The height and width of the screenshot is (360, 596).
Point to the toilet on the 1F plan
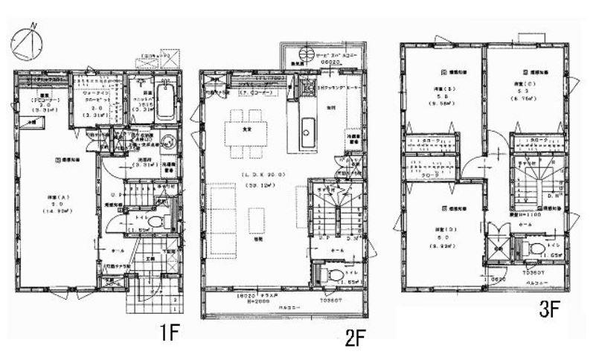click(154, 222)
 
